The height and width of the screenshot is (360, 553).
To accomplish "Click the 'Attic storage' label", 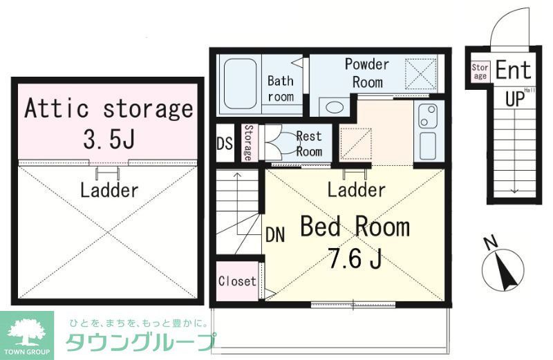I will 109,108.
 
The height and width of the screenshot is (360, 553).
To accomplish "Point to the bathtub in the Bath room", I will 239,85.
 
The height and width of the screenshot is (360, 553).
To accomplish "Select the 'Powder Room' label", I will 367,73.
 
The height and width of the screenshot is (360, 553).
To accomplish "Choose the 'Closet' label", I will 237,282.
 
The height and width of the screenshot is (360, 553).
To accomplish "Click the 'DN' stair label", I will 274,234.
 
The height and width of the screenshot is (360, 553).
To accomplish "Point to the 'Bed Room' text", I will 354,227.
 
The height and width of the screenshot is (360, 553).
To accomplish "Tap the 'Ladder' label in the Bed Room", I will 356,189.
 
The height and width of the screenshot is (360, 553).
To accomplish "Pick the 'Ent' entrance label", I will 514,70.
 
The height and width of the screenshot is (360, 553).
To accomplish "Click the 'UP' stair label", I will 514,98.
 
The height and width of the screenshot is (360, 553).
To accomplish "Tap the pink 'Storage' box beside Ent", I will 480,71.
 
